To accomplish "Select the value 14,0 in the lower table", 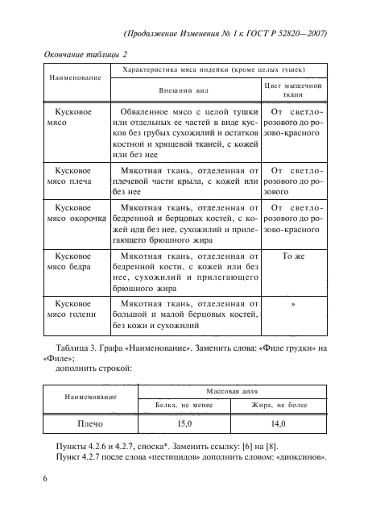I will (x=280, y=423).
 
